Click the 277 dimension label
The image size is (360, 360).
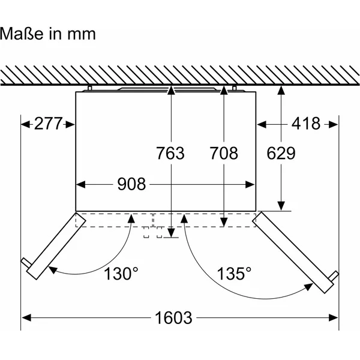point(48,124)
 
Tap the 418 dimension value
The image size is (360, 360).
point(306,124)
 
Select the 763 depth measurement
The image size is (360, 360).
point(170,153)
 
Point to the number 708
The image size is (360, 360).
point(224,153)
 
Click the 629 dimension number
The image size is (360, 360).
point(281,153)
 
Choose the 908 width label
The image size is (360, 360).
point(131,184)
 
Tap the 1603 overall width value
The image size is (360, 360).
point(173,318)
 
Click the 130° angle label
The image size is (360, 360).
point(121,274)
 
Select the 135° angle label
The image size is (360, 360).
point(234,274)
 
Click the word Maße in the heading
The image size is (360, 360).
point(22,34)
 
